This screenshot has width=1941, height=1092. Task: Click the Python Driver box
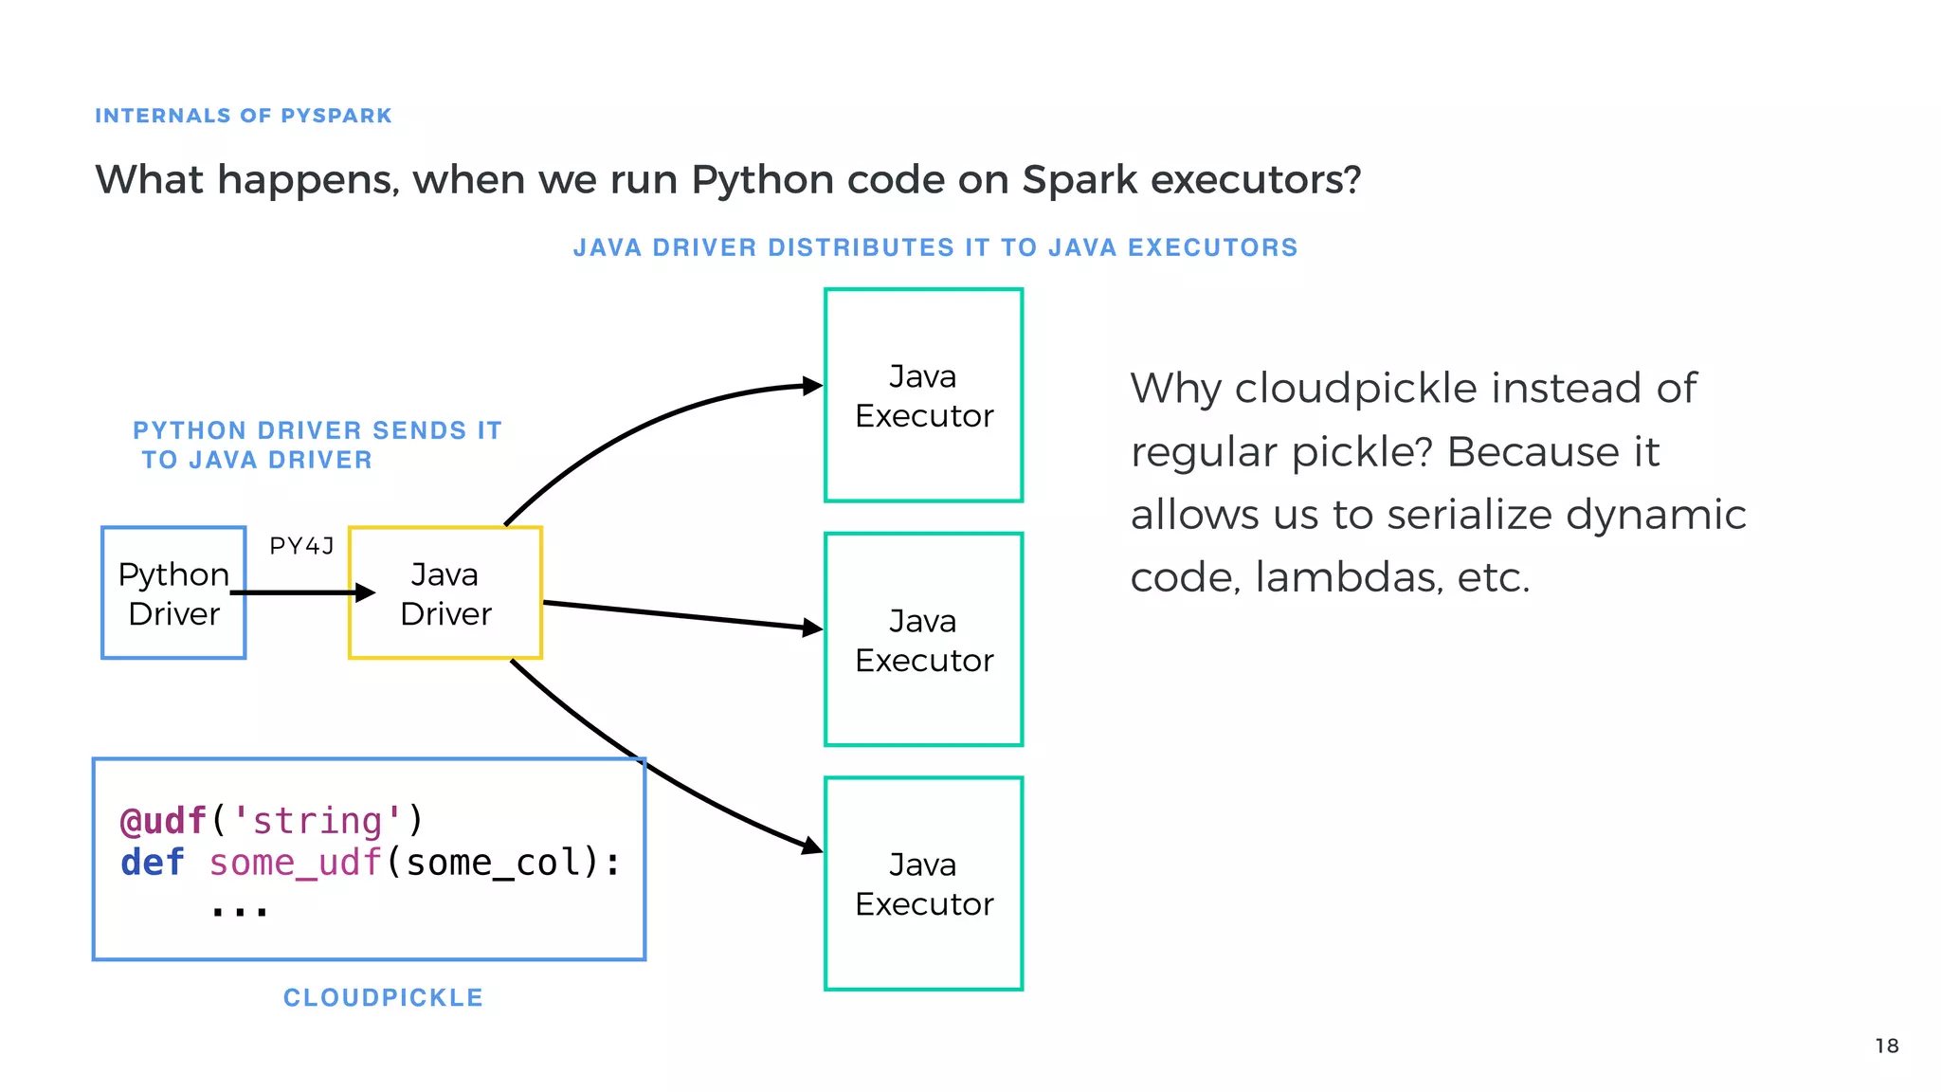pos(173,593)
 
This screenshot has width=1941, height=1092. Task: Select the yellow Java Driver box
pos(445,593)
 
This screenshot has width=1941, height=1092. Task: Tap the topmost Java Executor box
pos(924,395)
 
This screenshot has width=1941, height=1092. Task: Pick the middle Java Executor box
pos(924,640)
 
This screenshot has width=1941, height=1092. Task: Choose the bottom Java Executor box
pos(924,883)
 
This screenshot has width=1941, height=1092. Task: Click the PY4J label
pos(301,546)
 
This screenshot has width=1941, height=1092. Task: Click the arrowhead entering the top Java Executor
pos(812,386)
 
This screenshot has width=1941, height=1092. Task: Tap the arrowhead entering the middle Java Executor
pos(812,628)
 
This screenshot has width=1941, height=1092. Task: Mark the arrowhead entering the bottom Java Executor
pos(812,846)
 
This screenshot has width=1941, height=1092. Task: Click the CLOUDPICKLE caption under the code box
pos(383,997)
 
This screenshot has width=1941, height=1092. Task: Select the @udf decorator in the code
pos(163,821)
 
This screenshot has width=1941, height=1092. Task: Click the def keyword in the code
pos(152,863)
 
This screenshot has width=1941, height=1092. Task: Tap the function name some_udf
pos(295,863)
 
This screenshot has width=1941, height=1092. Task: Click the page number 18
pos(1886,1046)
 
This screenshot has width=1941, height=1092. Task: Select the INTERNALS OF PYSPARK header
pos(243,116)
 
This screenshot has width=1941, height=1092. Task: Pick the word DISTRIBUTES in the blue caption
pos(861,247)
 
